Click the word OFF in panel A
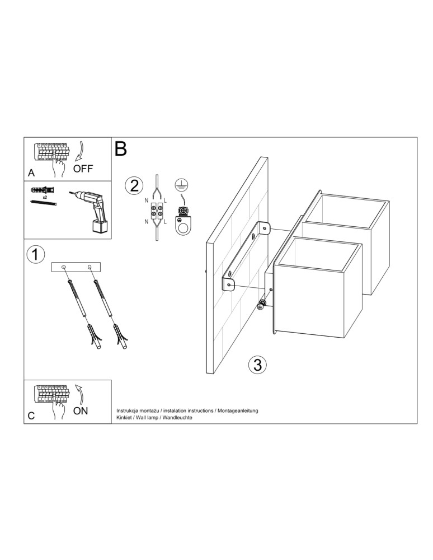83,169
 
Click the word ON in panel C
81,410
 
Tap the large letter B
121,150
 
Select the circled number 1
35,255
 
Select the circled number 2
134,185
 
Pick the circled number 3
256,365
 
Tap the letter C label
31,416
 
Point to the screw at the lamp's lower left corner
261,305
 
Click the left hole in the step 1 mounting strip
63,267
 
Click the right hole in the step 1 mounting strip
90,267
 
